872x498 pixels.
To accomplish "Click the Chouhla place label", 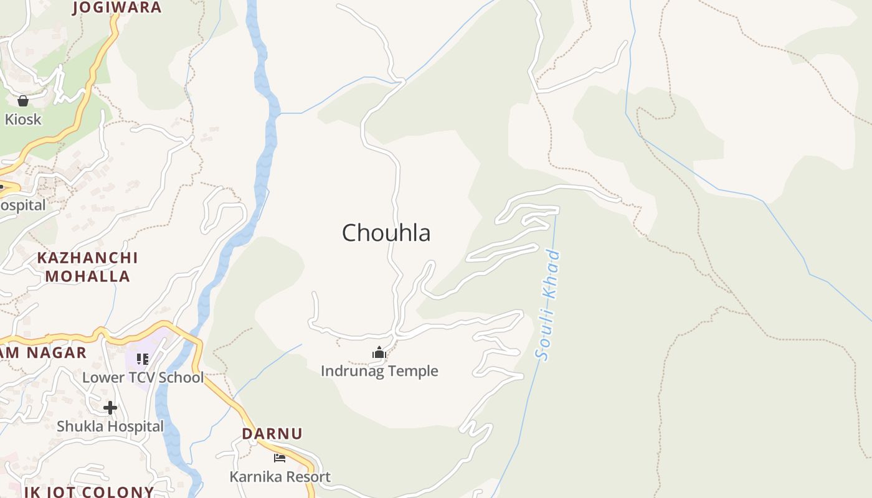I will pos(386,233).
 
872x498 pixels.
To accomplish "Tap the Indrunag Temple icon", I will pos(379,353).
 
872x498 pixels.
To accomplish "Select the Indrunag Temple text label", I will pos(379,371).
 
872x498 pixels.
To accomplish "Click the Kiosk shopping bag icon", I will pos(23,100).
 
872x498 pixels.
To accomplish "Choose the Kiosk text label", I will pos(23,119).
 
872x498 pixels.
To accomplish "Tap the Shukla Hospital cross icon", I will pos(110,408).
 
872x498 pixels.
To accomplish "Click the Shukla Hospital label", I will pos(110,426).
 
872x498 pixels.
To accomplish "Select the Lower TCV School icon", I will pos(143,359).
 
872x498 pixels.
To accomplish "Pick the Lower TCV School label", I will pos(143,377).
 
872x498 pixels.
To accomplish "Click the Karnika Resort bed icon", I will pos(280,458).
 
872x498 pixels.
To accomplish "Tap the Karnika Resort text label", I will pos(280,477).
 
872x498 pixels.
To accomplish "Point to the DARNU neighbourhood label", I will pos(272,433).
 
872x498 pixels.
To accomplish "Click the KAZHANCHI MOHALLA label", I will pos(87,266).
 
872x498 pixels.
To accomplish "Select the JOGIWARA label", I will pos(117,7).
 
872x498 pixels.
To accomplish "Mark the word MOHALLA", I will pos(87,276).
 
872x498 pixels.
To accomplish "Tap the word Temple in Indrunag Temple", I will pos(415,371).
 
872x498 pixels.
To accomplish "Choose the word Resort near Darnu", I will pos(308,477).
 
